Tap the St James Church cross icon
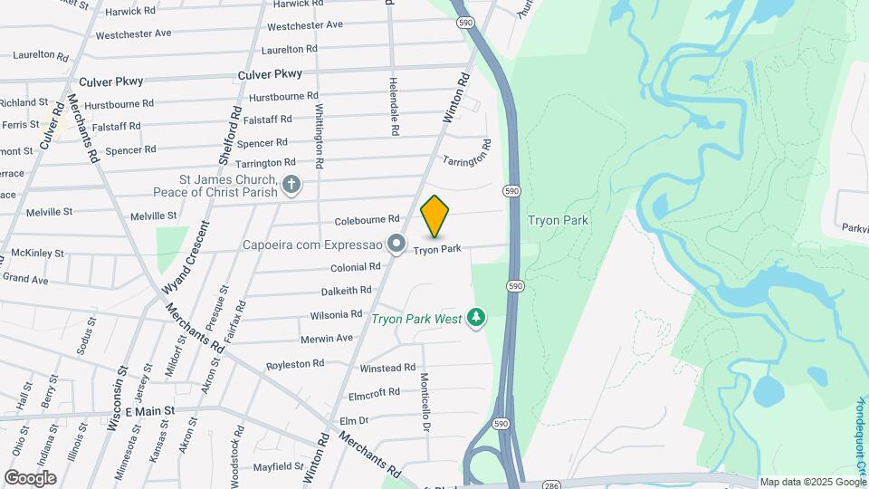291,186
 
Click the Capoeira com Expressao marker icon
396,244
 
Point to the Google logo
31,477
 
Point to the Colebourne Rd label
367,219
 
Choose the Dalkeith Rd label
347,291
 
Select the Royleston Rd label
295,364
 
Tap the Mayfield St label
278,467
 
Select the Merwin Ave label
327,338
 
